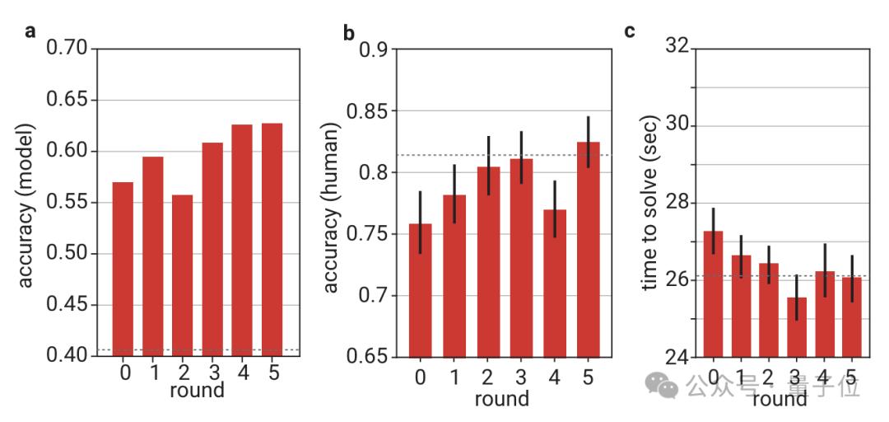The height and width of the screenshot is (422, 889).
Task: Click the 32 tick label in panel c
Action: tap(676, 48)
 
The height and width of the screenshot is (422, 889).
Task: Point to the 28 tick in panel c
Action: tap(676, 203)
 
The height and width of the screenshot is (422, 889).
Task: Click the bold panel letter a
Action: tap(30, 32)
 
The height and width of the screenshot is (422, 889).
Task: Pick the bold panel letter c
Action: tap(630, 31)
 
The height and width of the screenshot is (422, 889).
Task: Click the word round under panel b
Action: tap(501, 399)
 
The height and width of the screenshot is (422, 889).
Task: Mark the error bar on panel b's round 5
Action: tap(588, 142)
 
